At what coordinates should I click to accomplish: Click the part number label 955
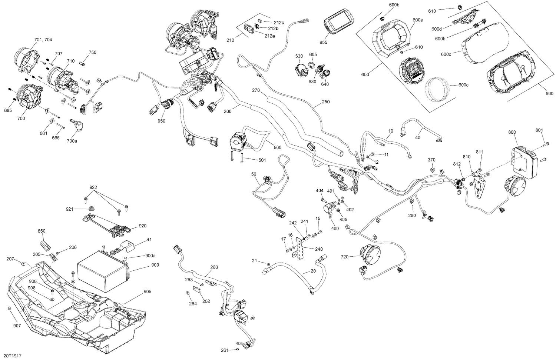[x=323, y=43]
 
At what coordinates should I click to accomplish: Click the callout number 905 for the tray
[x=148, y=291]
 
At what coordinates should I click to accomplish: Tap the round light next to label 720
[x=369, y=254]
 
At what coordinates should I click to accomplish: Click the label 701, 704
[x=43, y=40]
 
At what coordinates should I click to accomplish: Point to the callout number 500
[x=277, y=147]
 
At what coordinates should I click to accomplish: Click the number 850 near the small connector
[x=42, y=231]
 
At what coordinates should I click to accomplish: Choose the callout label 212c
[x=279, y=22]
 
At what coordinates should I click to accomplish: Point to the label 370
[x=431, y=160]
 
